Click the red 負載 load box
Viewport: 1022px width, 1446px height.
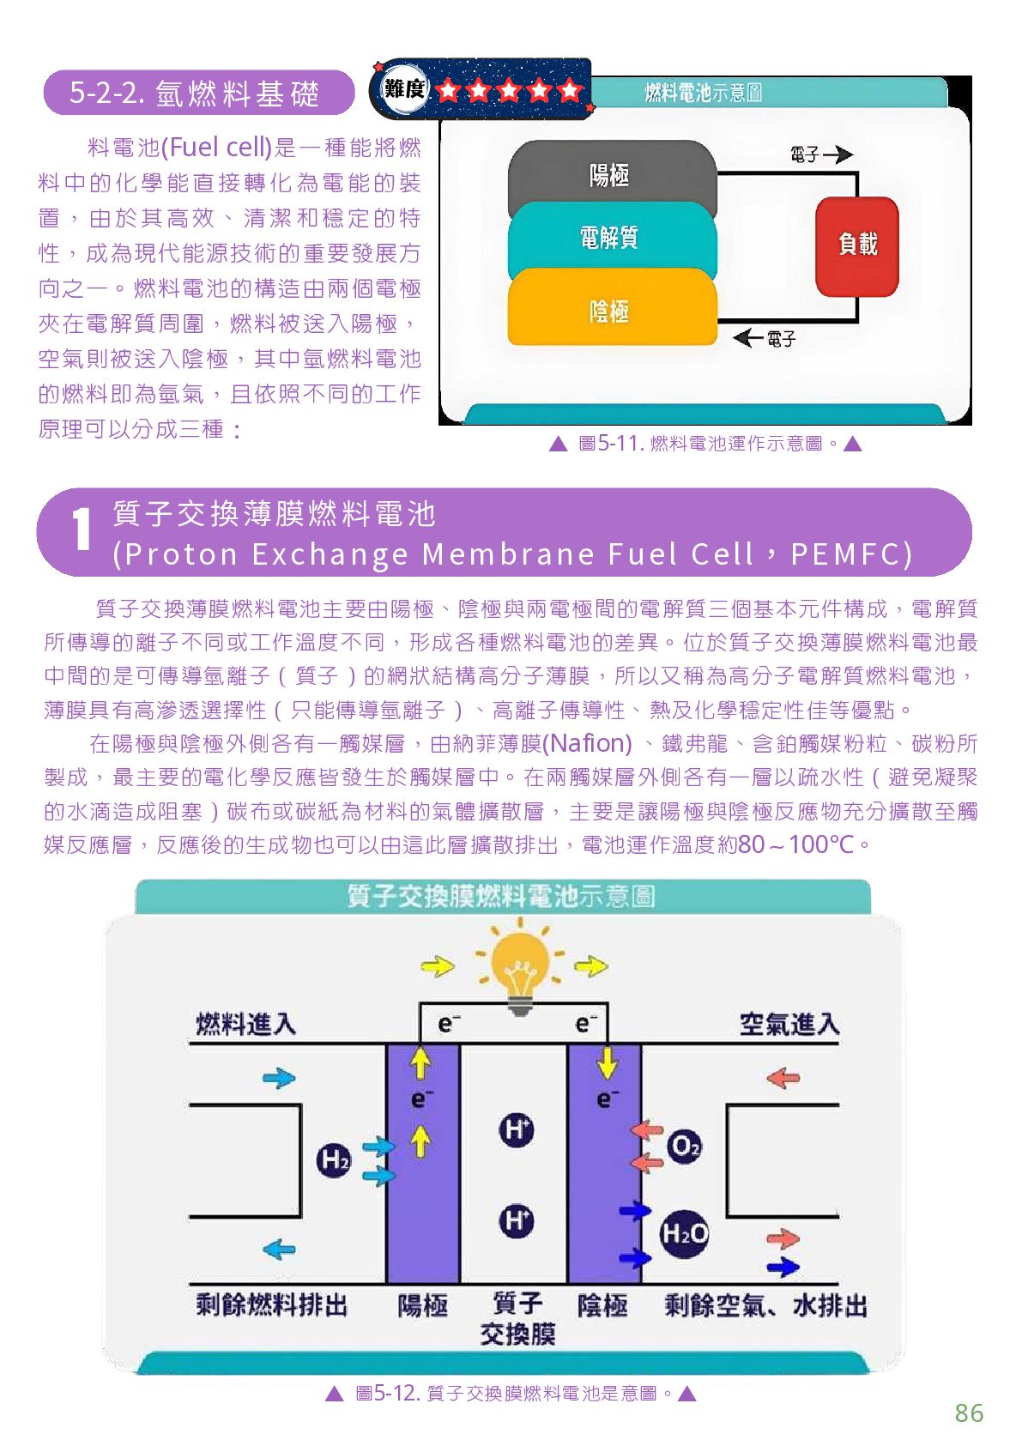[856, 245]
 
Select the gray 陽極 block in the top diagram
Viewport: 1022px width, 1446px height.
[611, 175]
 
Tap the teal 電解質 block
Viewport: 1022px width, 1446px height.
[611, 238]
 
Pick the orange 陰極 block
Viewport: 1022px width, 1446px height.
[611, 311]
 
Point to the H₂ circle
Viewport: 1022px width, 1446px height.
[334, 1160]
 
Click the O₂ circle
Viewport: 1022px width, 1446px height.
[684, 1146]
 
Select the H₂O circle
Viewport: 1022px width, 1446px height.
[684, 1233]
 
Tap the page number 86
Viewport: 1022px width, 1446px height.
[969, 1413]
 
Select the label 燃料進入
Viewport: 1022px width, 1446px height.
[245, 1024]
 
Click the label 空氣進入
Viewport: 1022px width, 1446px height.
[789, 1024]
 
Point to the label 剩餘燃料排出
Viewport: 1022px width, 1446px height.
[271, 1305]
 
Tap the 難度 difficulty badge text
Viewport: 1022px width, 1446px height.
[404, 88]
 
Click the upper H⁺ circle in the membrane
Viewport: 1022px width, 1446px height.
[516, 1129]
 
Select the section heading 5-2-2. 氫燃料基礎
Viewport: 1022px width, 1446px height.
[195, 93]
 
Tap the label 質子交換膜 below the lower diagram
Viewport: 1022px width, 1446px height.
[517, 1319]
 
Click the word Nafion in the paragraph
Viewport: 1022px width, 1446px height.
[588, 743]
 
